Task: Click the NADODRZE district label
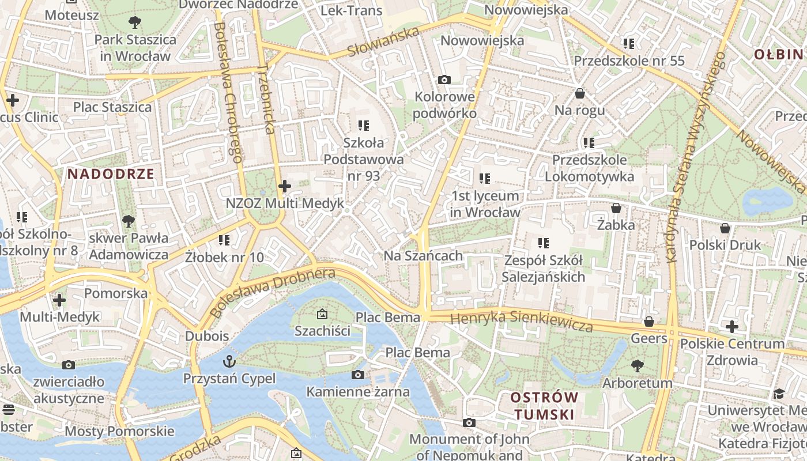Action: (111, 174)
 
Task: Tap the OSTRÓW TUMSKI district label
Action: (544, 406)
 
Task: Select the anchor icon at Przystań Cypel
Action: (229, 361)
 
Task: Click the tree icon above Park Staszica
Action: (135, 23)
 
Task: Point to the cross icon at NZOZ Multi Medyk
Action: (285, 186)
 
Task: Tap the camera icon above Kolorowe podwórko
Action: (444, 80)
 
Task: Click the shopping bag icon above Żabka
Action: (616, 208)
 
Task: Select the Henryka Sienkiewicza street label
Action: (522, 322)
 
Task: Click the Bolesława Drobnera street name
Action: (272, 293)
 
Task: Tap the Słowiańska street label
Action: (383, 42)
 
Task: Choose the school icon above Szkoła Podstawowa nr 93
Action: (363, 125)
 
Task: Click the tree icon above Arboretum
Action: (637, 366)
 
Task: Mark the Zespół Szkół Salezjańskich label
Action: (543, 269)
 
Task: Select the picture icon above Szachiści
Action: (322, 314)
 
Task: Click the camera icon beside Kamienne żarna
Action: (357, 375)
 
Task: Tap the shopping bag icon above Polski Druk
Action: (725, 228)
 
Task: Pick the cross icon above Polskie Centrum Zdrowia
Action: (732, 327)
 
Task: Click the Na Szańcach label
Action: (423, 256)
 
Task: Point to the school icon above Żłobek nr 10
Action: (224, 240)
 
